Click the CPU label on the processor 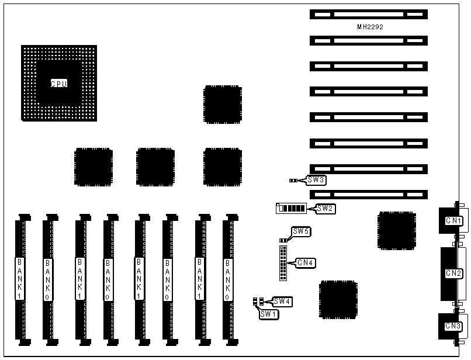click(58, 84)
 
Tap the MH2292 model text click(370, 27)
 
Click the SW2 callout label click(325, 208)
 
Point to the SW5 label click(302, 232)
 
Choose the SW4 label click(282, 302)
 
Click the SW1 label click(269, 314)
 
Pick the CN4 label click(306, 263)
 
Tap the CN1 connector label click(454, 221)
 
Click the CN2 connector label click(454, 273)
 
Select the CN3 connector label click(454, 326)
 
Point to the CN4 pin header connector click(283, 263)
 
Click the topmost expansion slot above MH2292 click(368, 14)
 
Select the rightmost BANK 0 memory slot click(228, 279)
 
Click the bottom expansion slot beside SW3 click(368, 194)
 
